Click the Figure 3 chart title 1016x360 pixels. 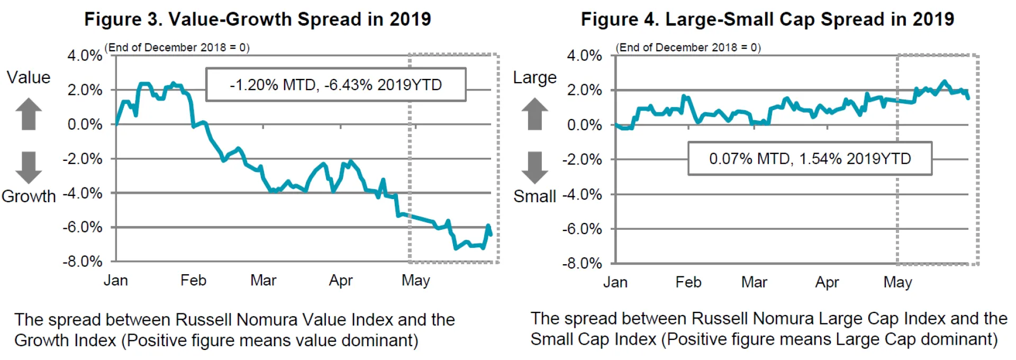257,20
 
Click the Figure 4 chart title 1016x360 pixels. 767,20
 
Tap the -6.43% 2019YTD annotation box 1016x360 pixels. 335,85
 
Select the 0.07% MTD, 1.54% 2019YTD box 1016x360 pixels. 810,158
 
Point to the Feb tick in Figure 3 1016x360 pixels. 193,280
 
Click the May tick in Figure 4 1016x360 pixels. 897,282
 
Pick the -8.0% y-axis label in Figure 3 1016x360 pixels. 83,262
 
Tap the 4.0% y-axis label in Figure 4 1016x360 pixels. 584,56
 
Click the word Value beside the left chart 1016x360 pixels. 29,78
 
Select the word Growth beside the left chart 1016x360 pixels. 29,196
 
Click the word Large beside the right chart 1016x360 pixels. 534,78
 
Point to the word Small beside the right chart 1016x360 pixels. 534,196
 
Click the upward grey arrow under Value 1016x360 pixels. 29,113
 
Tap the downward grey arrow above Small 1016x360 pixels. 535,167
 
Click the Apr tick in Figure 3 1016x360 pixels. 341,280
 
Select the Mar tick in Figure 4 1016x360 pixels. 754,282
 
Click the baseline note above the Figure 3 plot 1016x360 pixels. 177,48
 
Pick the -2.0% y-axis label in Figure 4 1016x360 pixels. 582,159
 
